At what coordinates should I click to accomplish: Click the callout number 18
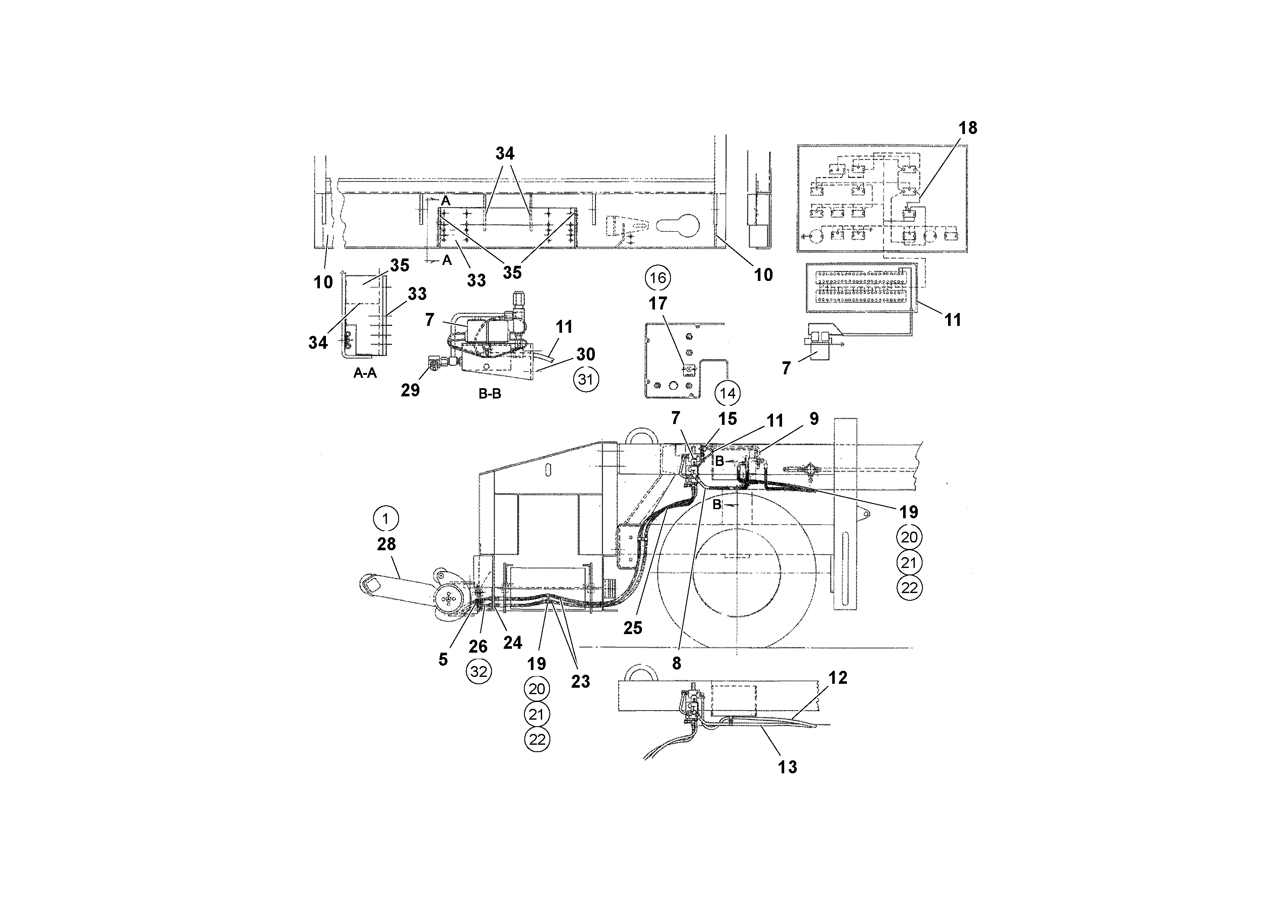968,128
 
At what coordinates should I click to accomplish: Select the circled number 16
658,278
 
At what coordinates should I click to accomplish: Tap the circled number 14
727,393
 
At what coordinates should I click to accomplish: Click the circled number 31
586,380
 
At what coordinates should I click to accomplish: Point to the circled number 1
386,519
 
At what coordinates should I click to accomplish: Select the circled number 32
479,671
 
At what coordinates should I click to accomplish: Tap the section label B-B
489,394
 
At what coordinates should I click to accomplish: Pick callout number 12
837,678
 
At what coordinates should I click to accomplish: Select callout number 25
632,628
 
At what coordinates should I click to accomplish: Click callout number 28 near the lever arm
386,544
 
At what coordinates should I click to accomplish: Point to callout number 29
410,390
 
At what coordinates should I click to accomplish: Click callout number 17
658,304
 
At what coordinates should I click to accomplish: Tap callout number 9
813,419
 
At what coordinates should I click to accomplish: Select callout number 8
677,663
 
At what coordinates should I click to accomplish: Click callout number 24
512,643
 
